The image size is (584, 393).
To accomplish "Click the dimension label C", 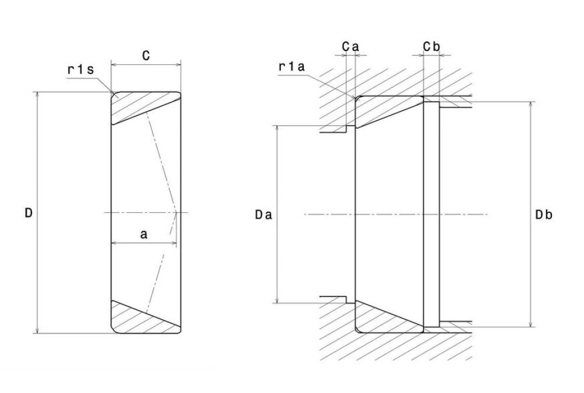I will [x=146, y=56].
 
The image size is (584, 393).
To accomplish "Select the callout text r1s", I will [x=81, y=70].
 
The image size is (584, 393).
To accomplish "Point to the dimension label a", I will [x=144, y=235].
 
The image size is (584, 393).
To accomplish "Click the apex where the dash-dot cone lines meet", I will [x=177, y=212].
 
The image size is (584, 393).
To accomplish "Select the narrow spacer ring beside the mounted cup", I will [x=430, y=214].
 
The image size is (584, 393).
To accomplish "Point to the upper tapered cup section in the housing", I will [x=388, y=110].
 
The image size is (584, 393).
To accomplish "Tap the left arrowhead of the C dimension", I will [x=113, y=64].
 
